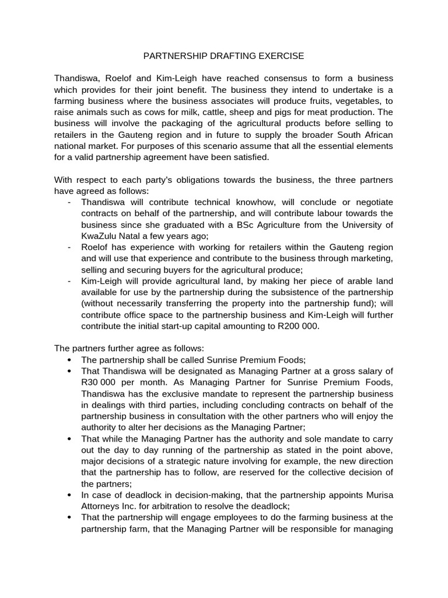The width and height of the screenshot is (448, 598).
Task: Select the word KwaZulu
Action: coord(100,236)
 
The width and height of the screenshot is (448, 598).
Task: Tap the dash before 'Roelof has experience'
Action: coord(69,247)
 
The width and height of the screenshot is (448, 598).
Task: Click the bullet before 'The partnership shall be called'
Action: coord(70,360)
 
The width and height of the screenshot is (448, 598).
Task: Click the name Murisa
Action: coord(376,495)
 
